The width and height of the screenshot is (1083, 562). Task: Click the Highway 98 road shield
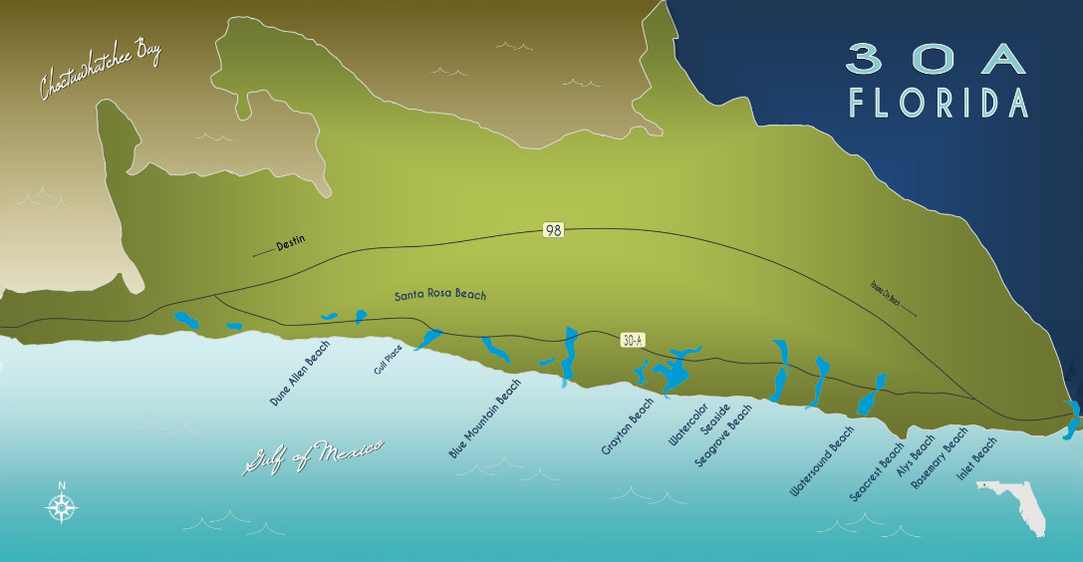[554, 230]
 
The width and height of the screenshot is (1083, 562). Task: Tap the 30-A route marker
[633, 341]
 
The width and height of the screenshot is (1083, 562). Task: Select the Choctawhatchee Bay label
[100, 71]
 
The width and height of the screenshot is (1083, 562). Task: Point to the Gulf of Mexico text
[314, 456]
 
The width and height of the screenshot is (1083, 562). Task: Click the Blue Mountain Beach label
[485, 419]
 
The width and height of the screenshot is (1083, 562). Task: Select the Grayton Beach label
[628, 426]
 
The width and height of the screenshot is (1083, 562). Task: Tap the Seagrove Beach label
[723, 435]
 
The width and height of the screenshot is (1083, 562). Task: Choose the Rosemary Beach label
[940, 457]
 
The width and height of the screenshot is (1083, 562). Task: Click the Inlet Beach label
[976, 459]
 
